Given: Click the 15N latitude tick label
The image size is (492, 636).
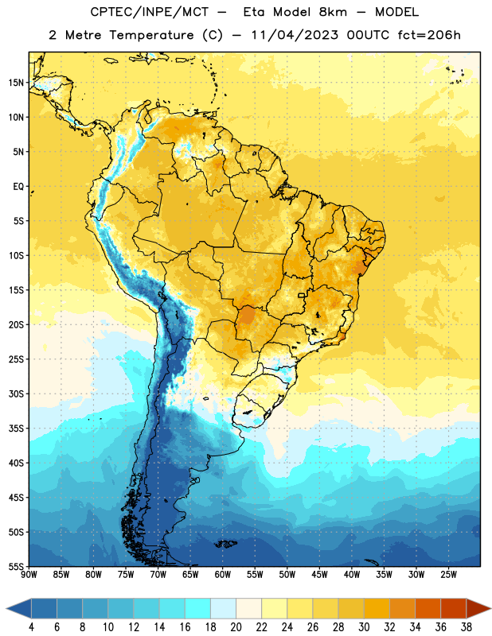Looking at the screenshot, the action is click(16, 83).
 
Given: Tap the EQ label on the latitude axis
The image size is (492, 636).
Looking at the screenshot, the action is click(18, 187).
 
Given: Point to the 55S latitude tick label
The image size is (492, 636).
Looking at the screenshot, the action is click(16, 566).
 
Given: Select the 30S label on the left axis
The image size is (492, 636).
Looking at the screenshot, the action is click(16, 394).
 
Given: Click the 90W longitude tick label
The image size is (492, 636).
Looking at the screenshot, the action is click(29, 575).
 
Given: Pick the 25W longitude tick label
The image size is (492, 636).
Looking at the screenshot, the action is click(448, 575).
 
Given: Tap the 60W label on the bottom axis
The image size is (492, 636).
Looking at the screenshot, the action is click(223, 575).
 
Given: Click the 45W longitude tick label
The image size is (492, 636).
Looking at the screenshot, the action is click(319, 575).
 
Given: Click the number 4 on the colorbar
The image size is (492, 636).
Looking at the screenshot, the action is click(31, 627).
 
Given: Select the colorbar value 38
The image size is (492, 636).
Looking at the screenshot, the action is click(467, 627).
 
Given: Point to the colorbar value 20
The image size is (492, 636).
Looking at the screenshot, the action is click(236, 627).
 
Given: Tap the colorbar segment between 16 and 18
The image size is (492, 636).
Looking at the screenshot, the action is click(198, 609).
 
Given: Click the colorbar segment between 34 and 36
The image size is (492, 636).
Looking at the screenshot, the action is click(428, 609).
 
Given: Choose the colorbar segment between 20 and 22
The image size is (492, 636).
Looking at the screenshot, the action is click(248, 609).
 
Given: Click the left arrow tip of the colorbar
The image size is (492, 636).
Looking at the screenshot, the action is click(7, 609).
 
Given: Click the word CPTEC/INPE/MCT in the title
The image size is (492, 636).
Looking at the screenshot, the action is click(150, 12).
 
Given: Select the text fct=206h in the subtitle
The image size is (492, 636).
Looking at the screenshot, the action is click(429, 35).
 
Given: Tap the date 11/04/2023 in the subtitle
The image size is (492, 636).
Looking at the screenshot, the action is click(295, 35).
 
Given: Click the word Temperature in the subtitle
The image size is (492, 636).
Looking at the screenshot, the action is click(151, 35).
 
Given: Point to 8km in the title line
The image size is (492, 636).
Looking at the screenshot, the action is click(334, 12).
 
